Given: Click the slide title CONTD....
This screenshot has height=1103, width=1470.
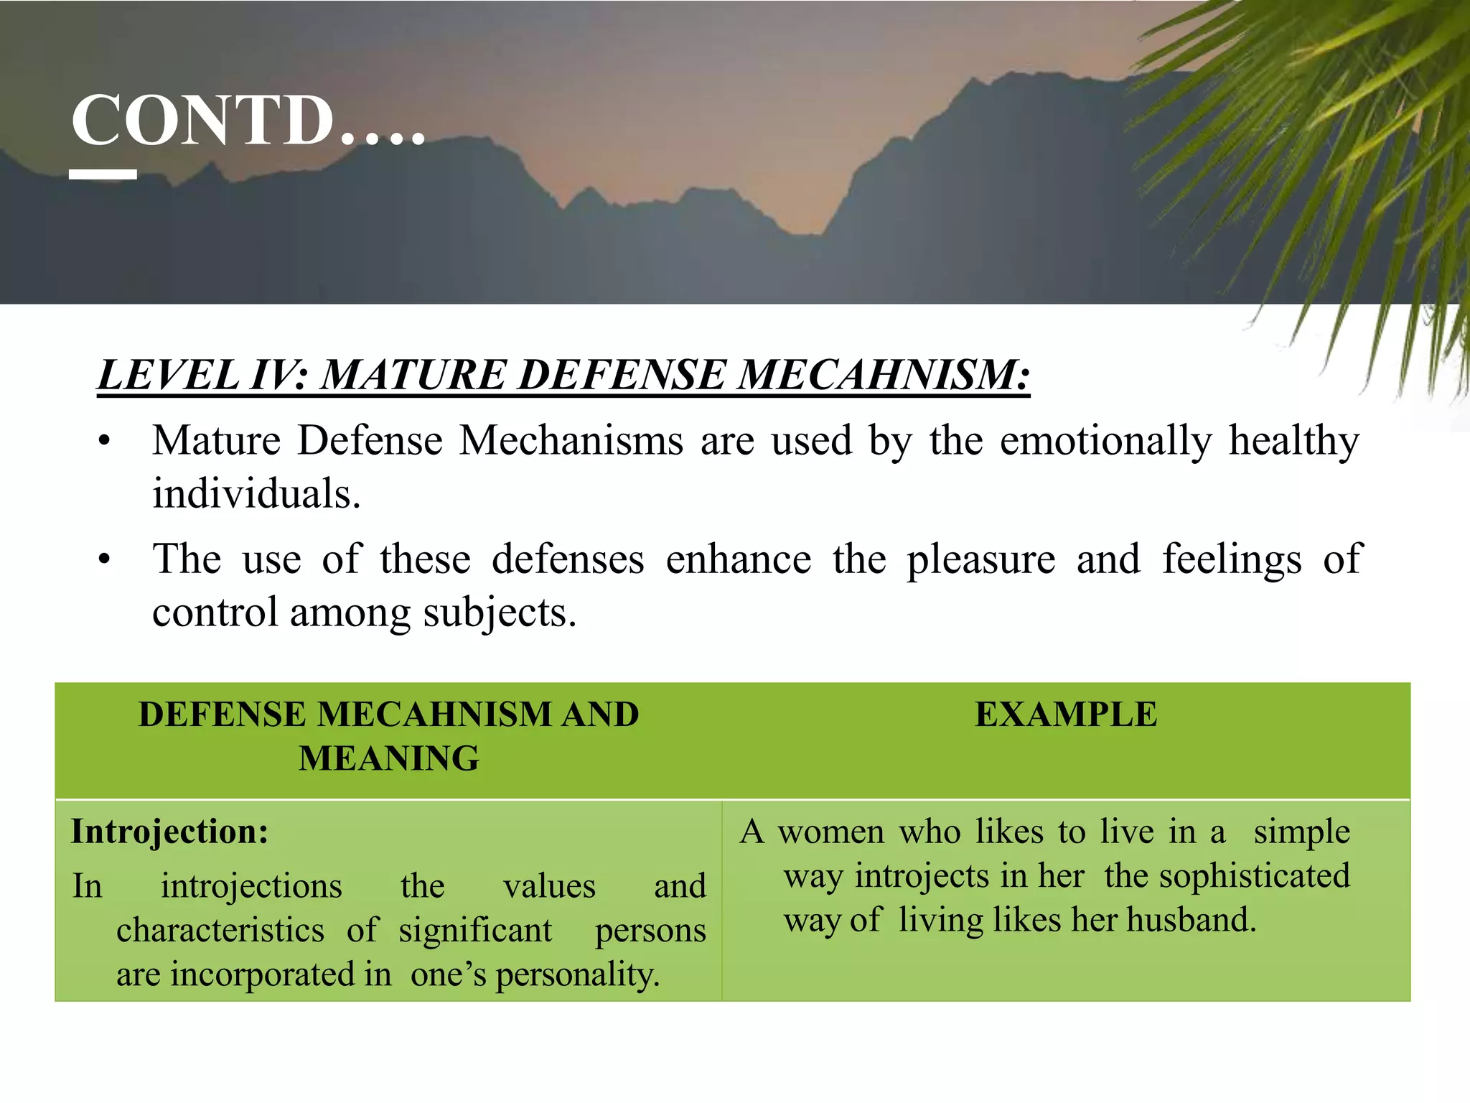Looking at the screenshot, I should click(248, 120).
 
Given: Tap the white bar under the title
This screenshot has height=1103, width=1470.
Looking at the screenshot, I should click(103, 174).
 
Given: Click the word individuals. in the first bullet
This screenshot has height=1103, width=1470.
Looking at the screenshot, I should click(256, 494).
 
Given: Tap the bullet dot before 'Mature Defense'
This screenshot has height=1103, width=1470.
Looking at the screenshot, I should click(105, 442).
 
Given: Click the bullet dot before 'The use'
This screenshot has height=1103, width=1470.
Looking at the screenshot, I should click(105, 560).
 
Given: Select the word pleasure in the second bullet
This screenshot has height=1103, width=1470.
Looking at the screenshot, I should click(980, 559).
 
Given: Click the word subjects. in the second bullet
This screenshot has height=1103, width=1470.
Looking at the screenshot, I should click(500, 613).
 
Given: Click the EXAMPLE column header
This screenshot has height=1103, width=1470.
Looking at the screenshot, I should click(1066, 715).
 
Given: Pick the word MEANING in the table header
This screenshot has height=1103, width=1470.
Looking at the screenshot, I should click(389, 759).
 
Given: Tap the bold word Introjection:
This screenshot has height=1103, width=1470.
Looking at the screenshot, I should click(170, 832).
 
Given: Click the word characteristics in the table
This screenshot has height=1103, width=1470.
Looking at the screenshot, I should click(220, 931).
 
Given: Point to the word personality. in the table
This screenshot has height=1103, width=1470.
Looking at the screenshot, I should click(577, 975).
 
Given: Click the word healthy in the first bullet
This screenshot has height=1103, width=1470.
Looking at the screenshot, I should click(1293, 440).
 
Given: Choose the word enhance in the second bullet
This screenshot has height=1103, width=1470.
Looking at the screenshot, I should click(738, 559).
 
